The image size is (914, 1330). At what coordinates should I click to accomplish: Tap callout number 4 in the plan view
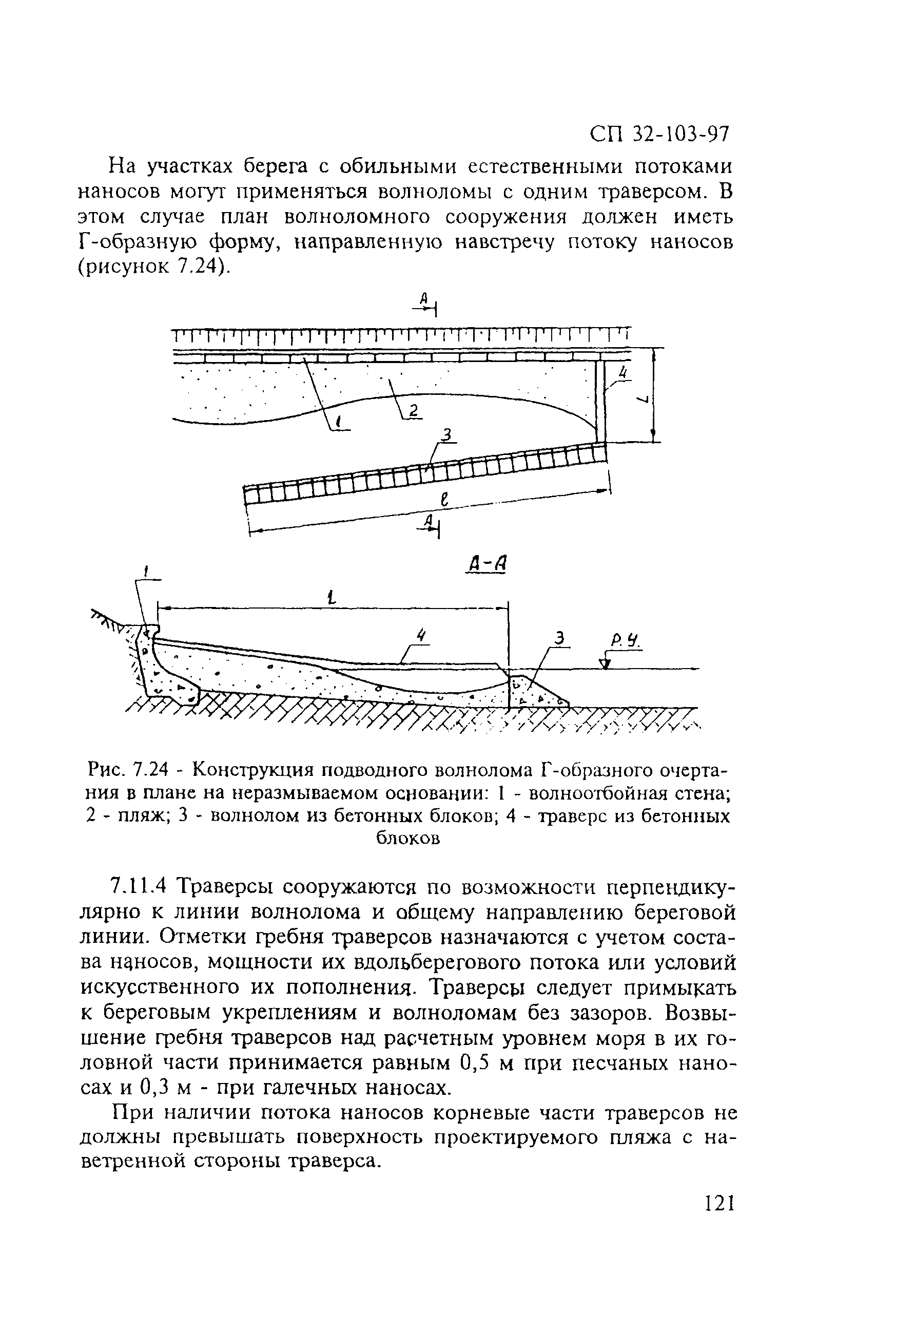tap(624, 373)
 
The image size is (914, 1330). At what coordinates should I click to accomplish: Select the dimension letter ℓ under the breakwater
tap(443, 500)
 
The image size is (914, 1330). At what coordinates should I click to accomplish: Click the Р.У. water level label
tap(627, 643)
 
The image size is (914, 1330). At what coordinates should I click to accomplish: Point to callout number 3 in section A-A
tap(562, 638)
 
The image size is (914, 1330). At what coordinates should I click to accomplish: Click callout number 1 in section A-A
tap(146, 572)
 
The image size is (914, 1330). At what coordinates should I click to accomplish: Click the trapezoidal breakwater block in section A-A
tap(535, 693)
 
